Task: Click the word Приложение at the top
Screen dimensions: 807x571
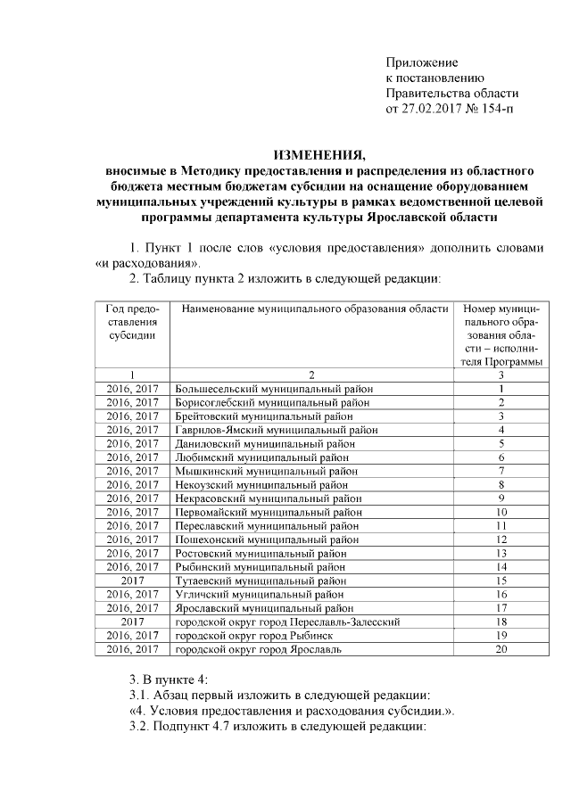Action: coord(421,62)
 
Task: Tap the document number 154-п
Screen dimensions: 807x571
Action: coord(497,108)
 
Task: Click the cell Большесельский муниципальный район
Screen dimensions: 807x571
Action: coord(274,389)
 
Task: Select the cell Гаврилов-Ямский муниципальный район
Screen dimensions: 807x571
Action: coord(277,429)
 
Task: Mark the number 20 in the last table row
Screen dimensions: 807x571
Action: coord(501,649)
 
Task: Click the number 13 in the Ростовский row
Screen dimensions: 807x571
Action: coord(501,553)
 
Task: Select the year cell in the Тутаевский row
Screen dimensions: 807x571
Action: coord(132,580)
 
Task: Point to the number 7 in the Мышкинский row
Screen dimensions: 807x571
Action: coord(501,471)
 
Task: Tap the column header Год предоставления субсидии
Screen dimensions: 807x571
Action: coord(132,322)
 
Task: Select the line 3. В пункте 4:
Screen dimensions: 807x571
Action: coord(169,679)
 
